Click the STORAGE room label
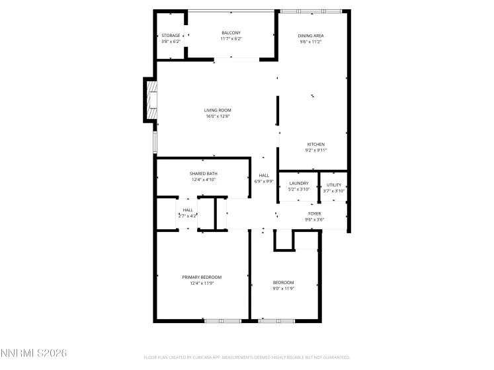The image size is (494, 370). point(171,36)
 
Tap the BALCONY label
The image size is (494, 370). point(231,33)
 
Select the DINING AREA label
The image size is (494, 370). point(311,36)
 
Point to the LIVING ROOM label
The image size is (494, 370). point(218,110)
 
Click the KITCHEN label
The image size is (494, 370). point(315,144)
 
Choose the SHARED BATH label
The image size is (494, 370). point(204,174)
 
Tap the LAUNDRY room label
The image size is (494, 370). point(299,184)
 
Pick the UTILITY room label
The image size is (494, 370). point(334,185)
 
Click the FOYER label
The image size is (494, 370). point(313,213)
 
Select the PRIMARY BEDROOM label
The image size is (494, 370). point(202,277)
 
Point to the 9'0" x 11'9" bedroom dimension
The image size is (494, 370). point(283,288)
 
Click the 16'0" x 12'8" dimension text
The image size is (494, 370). point(218,116)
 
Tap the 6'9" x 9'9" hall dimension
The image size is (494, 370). point(264,181)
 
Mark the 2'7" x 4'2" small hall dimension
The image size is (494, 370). point(188,215)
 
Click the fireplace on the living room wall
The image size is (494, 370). point(151,100)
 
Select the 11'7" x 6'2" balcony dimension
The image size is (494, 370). point(231,39)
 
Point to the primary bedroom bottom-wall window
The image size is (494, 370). point(221,321)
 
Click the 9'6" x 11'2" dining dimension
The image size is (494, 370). point(311,42)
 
